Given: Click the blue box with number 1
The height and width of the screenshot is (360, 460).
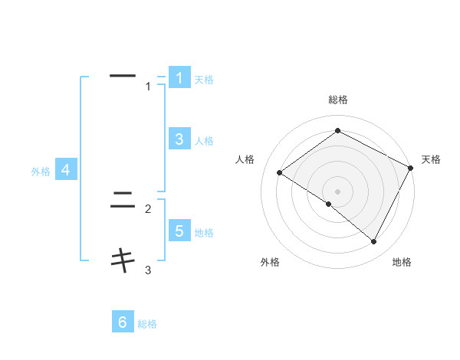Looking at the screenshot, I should pos(179,78).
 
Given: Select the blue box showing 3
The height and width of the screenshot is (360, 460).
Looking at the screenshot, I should pos(179,139).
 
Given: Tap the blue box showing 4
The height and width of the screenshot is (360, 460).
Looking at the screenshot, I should pos(66,170).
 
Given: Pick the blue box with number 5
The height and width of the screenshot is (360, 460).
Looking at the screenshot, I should pos(179,231).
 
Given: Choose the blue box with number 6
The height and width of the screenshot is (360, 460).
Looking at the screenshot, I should pos(123,322).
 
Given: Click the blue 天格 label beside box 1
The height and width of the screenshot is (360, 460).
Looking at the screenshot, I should pos(204,80).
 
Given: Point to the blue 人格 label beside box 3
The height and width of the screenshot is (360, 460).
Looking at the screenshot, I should pos(204,141).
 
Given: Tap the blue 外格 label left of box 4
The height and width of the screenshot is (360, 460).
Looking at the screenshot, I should pos(41,172).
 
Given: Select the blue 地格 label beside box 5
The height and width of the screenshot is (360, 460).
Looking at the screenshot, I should pos(204,233).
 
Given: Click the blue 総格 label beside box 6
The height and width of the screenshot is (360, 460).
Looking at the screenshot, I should pos(147,325).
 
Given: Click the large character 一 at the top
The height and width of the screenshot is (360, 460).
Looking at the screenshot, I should pos(123,76).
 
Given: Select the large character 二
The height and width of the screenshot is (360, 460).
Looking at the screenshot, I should pos(123,201).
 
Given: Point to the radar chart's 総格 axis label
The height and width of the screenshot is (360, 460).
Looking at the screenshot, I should pos(338,100).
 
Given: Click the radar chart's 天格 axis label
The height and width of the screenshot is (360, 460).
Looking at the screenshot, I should pos(431,159).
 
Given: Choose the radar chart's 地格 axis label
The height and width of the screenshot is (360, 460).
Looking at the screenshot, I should pos(402,262).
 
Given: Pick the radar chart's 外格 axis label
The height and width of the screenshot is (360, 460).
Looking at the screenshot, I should pos(270,262).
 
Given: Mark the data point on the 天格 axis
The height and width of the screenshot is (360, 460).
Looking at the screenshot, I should pos(411,168).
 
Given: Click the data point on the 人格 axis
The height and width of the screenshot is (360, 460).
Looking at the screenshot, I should pos(280,173).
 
